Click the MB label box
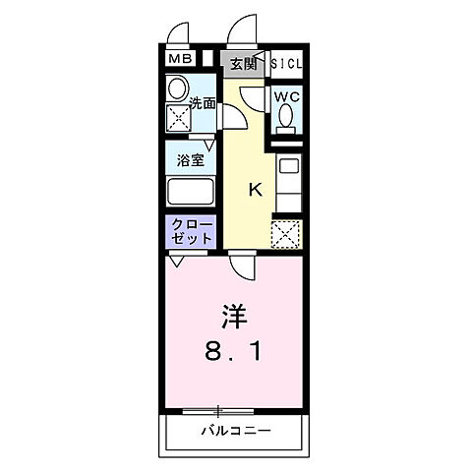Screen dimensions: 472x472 [179, 61]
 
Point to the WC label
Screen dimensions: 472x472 [285, 96]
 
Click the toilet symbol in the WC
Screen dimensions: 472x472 [285, 118]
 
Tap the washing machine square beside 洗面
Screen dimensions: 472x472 [180, 120]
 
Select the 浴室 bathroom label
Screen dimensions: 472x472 [191, 159]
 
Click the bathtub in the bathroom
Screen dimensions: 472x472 [191, 190]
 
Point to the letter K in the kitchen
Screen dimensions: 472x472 [254, 189]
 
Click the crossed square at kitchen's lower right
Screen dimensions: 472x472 [285, 234]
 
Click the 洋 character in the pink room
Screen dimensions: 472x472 [232, 317]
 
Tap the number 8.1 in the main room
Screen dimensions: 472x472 [233, 350]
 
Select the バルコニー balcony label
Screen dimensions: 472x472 [236, 431]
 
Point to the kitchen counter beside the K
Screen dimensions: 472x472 [287, 182]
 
